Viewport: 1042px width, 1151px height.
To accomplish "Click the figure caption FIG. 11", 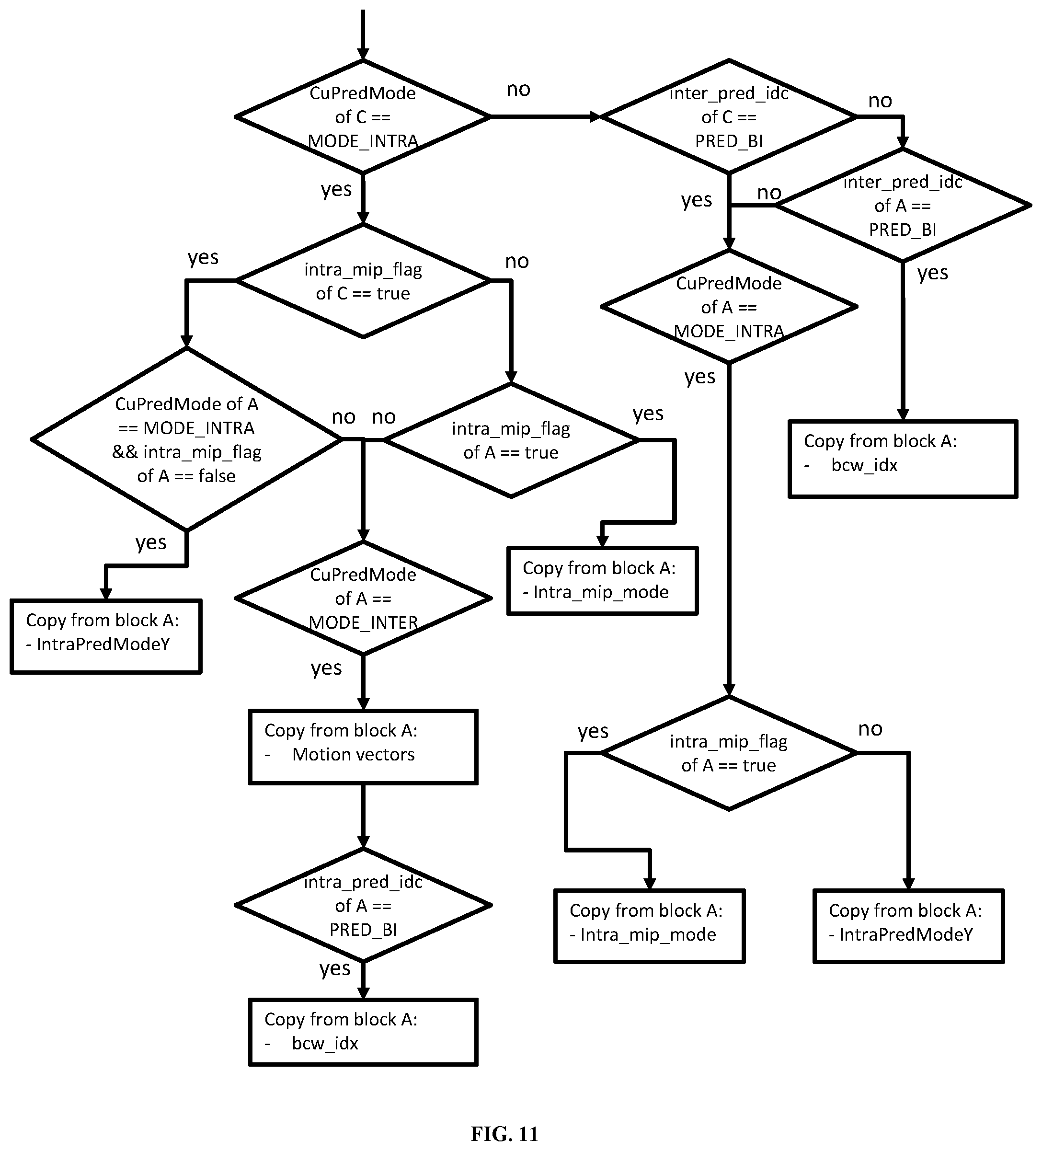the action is (x=504, y=1133).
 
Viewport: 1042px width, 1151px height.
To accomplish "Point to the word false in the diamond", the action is (x=217, y=475).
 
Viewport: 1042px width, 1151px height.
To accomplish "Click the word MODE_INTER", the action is (x=363, y=622).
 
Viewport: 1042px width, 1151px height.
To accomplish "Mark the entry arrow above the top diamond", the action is (x=363, y=34).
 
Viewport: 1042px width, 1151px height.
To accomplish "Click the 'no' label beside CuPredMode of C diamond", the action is (x=518, y=89).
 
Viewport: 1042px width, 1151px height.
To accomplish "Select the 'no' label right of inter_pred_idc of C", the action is (x=880, y=101).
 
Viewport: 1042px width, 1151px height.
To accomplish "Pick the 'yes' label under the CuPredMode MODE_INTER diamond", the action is (x=326, y=668).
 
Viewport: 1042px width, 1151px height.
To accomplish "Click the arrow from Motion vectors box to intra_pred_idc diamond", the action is (x=363, y=817).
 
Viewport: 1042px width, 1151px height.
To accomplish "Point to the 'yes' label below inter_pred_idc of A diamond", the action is (x=933, y=274).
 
